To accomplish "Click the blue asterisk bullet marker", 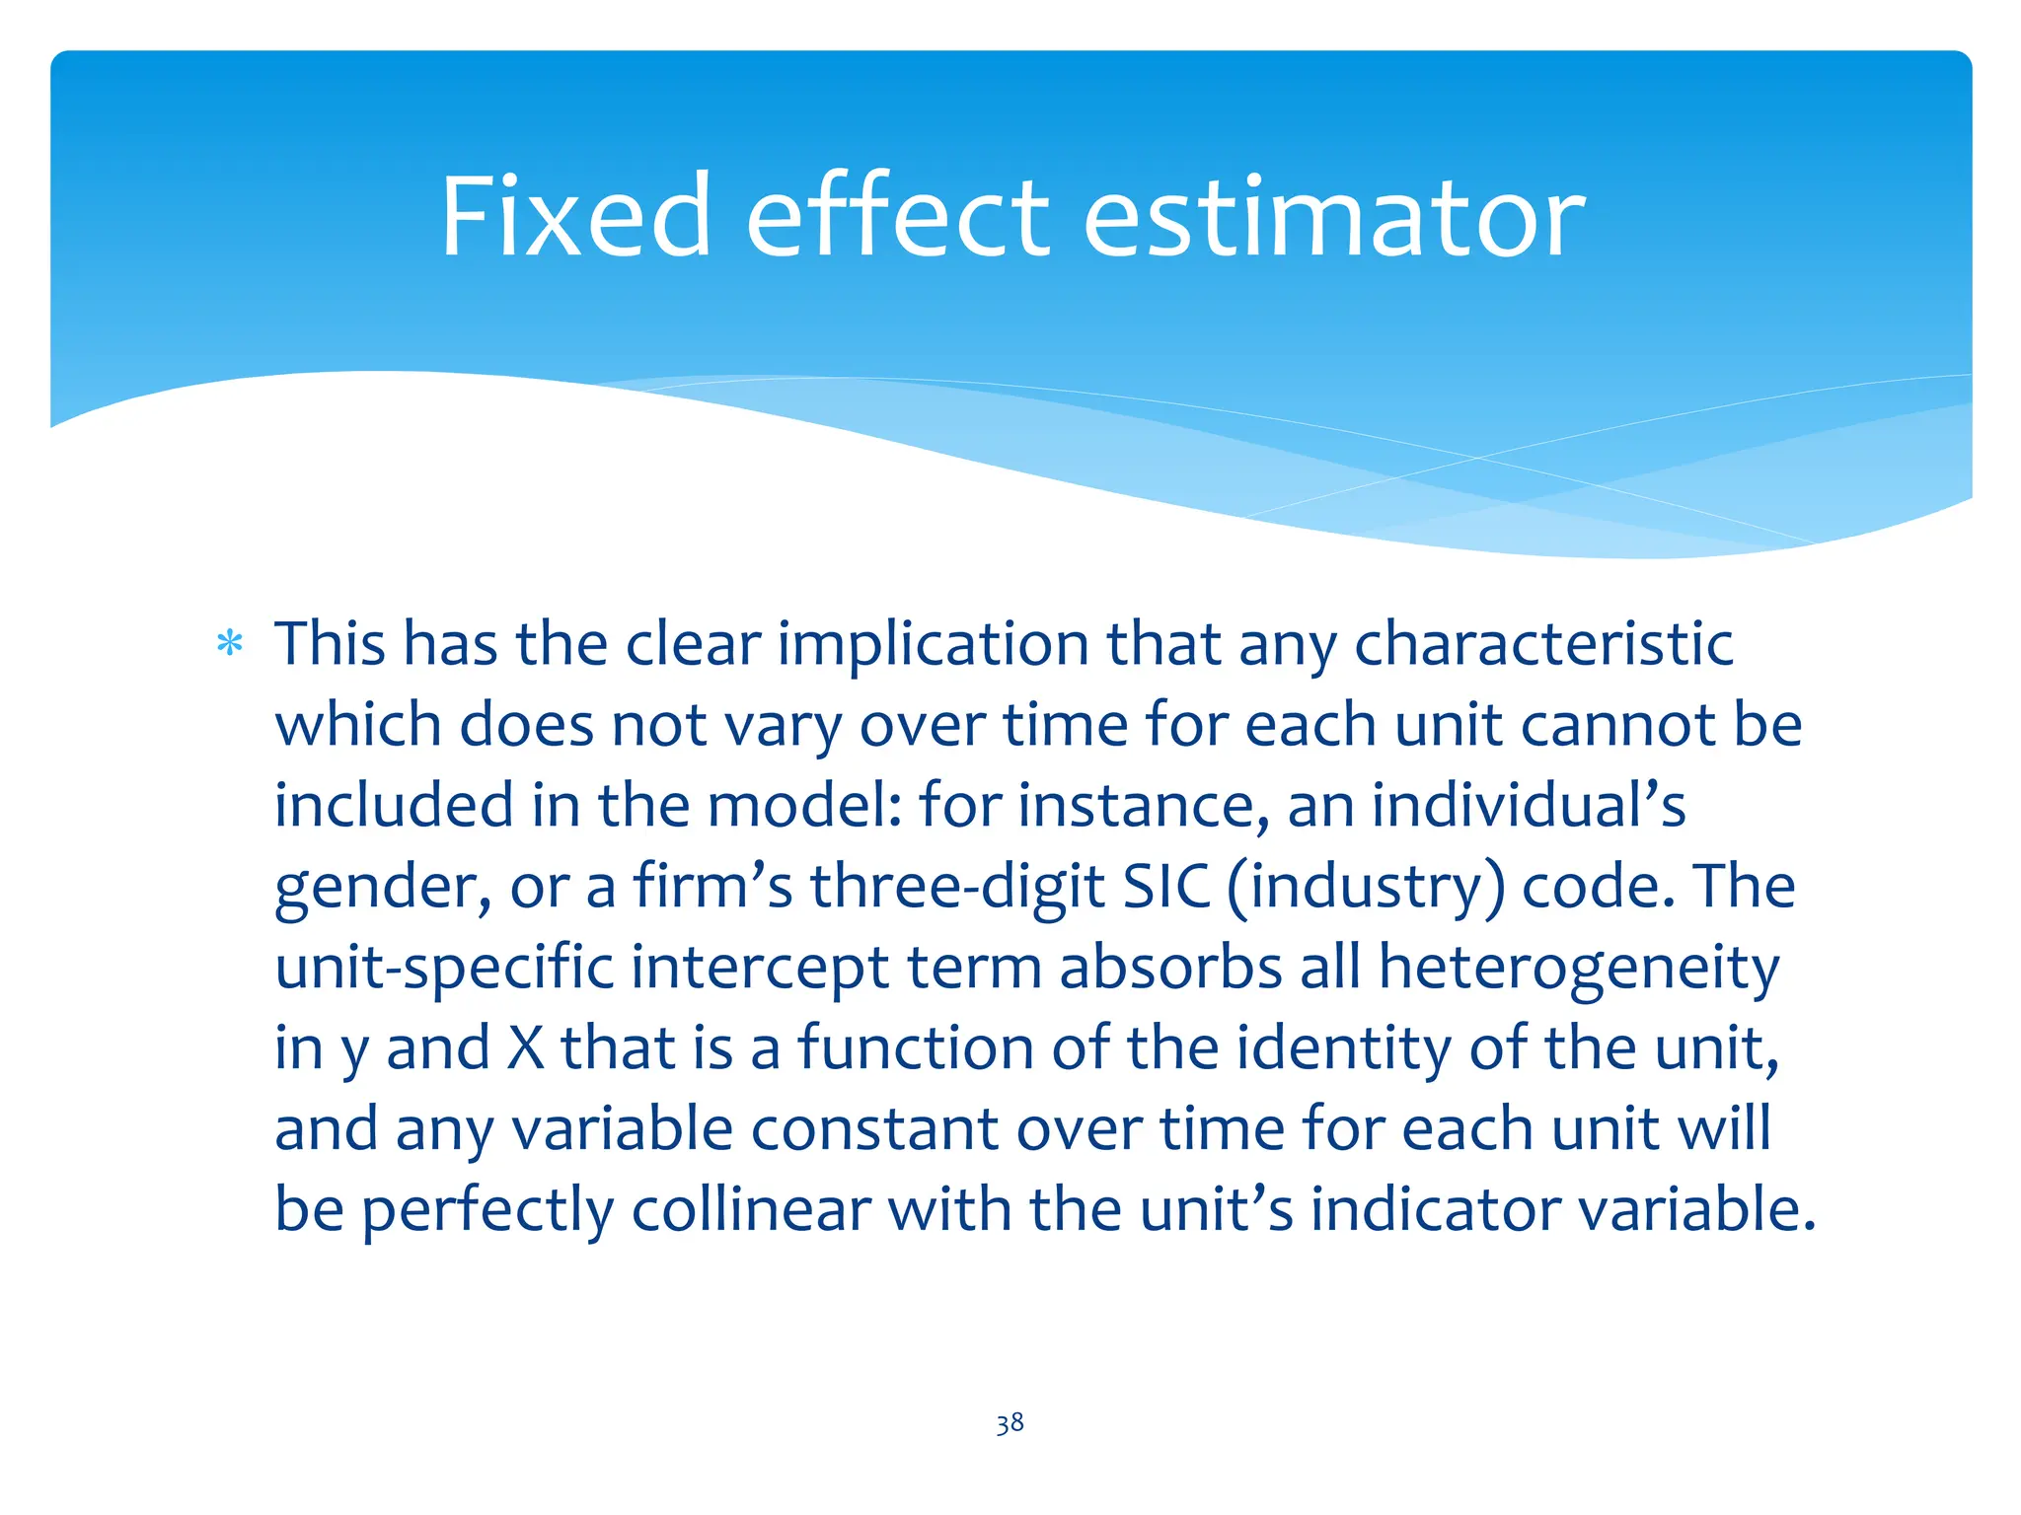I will click(230, 644).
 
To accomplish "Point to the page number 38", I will click(1010, 1422).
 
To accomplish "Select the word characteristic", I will click(1543, 644).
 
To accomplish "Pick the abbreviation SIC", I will click(1166, 887).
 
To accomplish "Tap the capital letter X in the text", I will click(525, 1047).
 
